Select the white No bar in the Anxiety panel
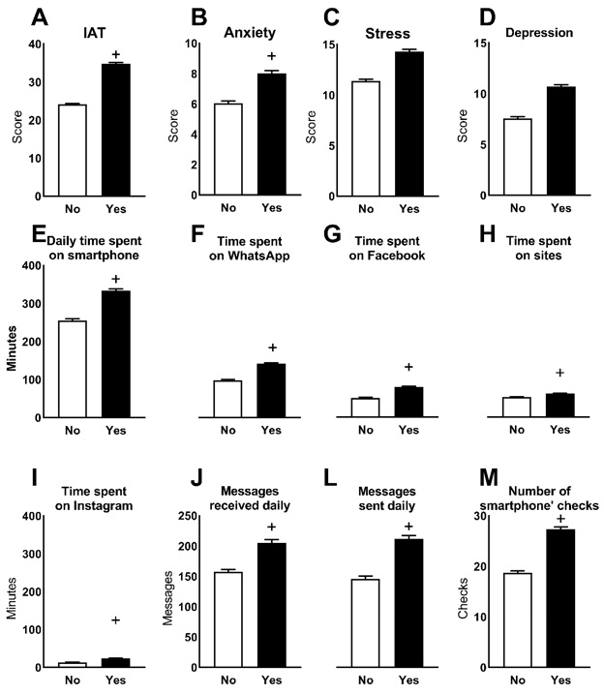point(227,149)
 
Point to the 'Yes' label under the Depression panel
point(560,208)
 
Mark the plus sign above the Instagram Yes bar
point(115,620)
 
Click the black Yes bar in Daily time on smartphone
point(115,353)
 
